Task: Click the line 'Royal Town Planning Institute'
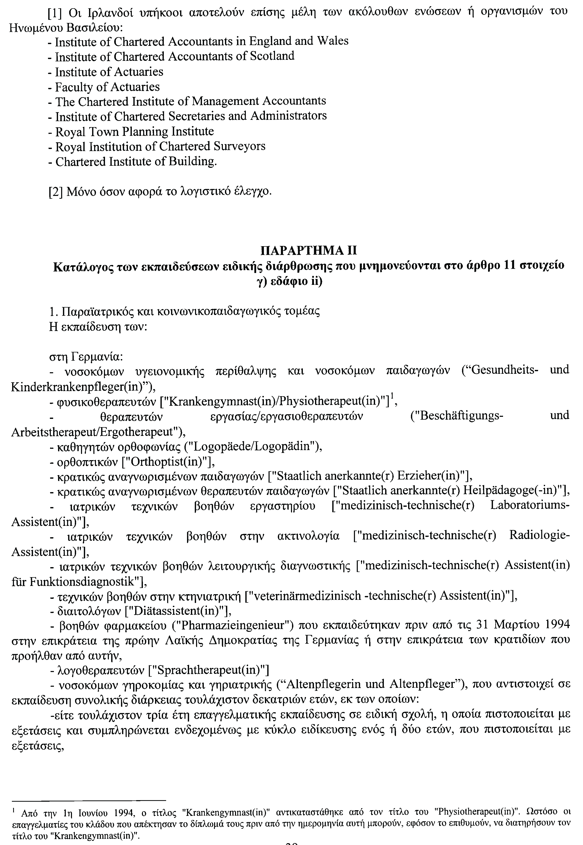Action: [x=134, y=131]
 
